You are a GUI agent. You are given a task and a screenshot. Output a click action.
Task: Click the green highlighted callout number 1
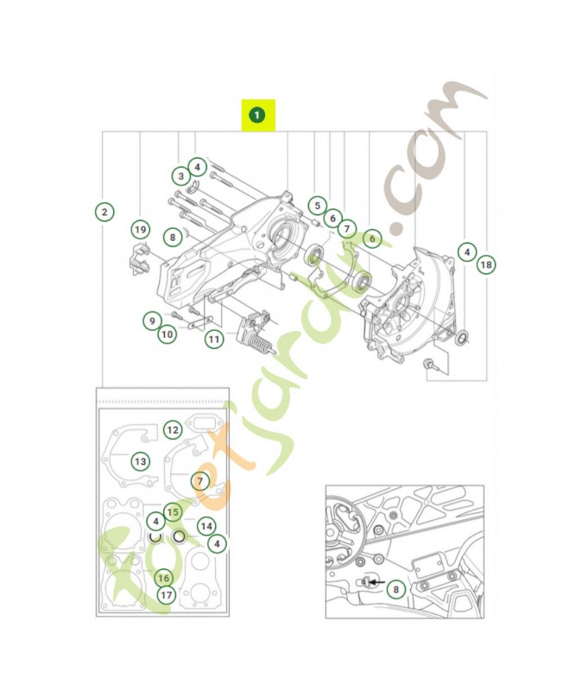(256, 114)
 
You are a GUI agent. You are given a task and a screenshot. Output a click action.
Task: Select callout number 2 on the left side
(103, 212)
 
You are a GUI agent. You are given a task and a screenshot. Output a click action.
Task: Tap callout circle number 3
(180, 175)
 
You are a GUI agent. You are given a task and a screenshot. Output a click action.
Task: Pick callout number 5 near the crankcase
(317, 206)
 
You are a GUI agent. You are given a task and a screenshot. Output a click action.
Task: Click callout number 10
(168, 333)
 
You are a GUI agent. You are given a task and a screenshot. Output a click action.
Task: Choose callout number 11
(213, 339)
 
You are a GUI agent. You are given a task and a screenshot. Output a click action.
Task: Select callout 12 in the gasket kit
(173, 428)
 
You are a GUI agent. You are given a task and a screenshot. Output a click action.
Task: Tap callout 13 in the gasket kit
(139, 460)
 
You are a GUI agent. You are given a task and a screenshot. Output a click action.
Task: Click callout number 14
(206, 525)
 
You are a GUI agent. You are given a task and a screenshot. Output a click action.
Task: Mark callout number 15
(173, 511)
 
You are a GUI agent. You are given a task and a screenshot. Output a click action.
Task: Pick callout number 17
(167, 594)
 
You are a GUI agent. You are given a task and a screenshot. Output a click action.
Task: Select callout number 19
(140, 229)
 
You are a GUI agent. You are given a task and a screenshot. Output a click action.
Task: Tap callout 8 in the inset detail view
(395, 591)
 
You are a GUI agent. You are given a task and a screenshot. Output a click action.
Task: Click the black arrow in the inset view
(373, 583)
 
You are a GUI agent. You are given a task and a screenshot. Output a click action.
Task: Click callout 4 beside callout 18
(465, 252)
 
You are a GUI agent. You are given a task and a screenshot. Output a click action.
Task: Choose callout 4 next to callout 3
(197, 167)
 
